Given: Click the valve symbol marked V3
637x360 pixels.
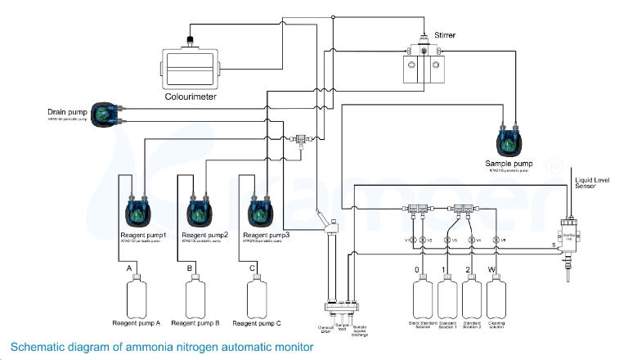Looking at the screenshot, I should coord(446,240).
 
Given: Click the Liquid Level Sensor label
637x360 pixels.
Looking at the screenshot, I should coord(594,182).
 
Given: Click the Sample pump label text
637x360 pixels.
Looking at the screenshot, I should coord(509,164).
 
